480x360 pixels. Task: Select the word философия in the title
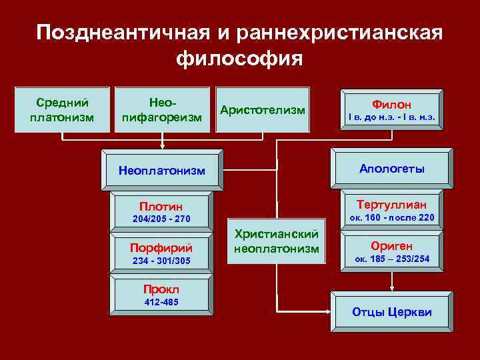(x=239, y=58)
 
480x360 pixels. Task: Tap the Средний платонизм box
(x=62, y=109)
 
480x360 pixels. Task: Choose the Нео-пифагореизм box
(x=163, y=109)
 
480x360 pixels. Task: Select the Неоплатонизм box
(x=162, y=170)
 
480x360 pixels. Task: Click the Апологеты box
(x=391, y=169)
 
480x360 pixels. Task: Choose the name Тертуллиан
(x=391, y=204)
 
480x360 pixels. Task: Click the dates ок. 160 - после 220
(x=391, y=217)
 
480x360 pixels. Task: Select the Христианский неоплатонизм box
(x=276, y=241)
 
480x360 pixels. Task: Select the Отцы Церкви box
(x=391, y=312)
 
